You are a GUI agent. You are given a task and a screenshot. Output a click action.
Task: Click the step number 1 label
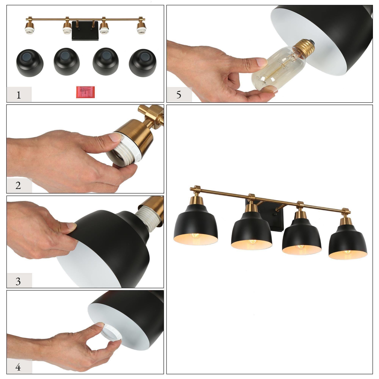18,95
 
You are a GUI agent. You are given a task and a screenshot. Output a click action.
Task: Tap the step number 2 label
18,185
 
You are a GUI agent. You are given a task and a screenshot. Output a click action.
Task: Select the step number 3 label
18,281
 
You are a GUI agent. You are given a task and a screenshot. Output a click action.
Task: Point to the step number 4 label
18,367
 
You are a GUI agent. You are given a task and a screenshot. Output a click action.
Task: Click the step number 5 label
179,95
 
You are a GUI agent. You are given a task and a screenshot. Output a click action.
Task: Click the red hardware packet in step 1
85,92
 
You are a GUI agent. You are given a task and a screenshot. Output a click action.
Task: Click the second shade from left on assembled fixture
251,232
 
